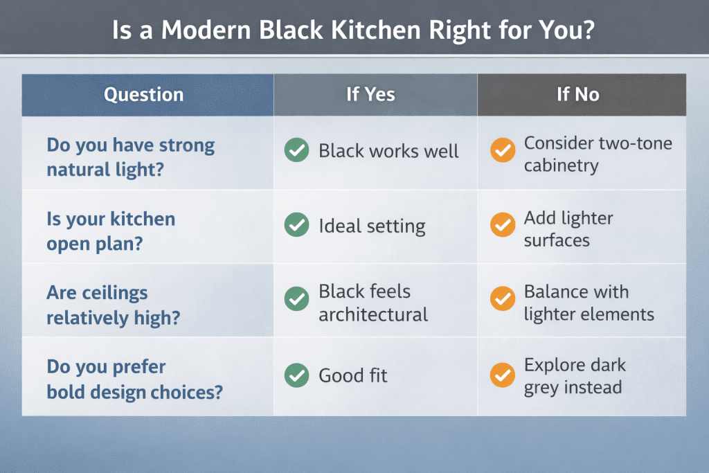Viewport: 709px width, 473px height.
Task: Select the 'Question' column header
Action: tap(144, 95)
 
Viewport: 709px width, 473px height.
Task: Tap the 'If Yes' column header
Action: tap(370, 94)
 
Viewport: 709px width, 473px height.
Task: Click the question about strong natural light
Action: tap(130, 157)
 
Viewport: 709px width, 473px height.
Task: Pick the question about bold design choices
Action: tap(134, 379)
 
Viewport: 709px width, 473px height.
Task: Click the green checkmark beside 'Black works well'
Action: tap(296, 151)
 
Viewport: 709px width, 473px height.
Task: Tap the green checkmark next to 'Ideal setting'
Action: tap(296, 226)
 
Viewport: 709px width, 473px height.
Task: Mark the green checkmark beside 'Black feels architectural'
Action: tap(296, 301)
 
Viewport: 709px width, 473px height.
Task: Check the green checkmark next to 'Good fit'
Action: tap(296, 375)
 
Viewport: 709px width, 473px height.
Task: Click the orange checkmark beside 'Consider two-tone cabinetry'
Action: tap(503, 151)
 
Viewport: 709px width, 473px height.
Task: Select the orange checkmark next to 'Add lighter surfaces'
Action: tap(503, 226)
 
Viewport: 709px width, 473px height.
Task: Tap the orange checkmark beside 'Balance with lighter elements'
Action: tap(503, 301)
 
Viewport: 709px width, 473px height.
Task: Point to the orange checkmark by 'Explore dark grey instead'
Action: tap(503, 375)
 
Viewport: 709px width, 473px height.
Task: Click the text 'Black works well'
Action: tap(388, 151)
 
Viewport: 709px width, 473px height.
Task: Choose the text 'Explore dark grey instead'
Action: tap(574, 375)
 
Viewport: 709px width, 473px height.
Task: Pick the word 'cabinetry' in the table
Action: tap(561, 166)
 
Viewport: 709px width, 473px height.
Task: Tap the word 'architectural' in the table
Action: tap(373, 315)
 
